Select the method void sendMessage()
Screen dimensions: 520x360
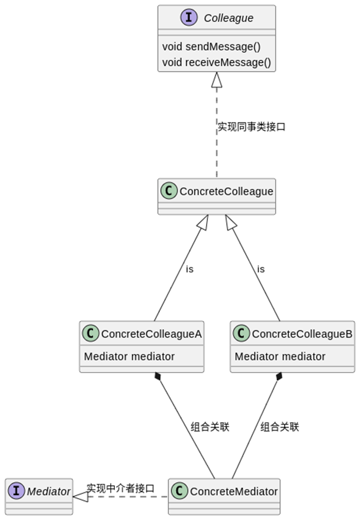[211, 47]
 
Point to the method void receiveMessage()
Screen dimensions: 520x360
[216, 62]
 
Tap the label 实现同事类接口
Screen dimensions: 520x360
[251, 127]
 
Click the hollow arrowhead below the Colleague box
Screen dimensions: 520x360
[217, 79]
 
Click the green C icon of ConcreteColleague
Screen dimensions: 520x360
[169, 191]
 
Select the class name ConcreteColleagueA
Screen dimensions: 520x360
[151, 334]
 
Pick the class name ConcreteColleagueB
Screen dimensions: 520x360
[302, 334]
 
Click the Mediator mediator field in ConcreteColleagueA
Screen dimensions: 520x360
[129, 357]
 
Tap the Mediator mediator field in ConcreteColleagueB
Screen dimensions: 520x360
[280, 357]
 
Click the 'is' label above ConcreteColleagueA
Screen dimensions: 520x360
[189, 269]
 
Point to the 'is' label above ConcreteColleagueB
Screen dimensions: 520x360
[261, 269]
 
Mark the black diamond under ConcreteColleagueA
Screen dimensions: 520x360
[157, 377]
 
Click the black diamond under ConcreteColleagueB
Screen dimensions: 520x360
[279, 377]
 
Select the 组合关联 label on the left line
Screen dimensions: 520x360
[210, 427]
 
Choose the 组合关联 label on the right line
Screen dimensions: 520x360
[279, 427]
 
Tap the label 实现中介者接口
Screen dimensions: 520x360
[121, 489]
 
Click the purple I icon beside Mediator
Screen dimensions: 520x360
[17, 491]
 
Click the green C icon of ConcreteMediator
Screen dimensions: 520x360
[179, 491]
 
